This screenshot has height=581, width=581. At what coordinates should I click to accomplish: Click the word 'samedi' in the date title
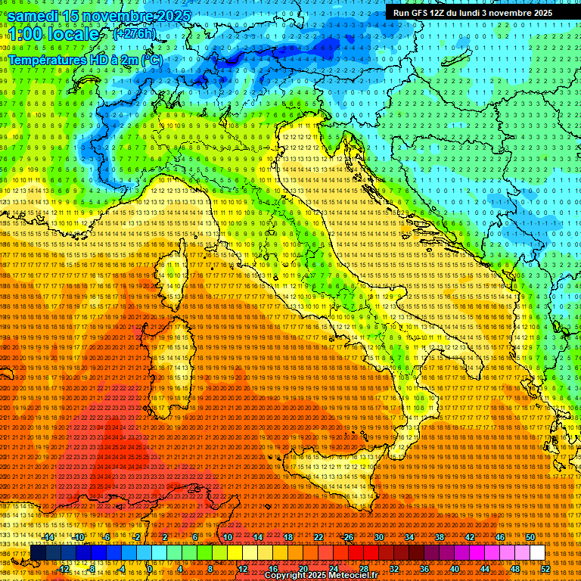click(34, 16)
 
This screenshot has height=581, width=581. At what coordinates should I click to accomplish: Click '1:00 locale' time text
click(53, 34)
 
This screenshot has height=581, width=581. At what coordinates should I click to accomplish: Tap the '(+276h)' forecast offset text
click(134, 34)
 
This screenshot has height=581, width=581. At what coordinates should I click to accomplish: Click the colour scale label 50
click(530, 537)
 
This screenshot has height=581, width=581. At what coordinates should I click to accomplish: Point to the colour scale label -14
click(49, 537)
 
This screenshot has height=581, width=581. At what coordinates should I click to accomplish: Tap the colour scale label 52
click(545, 568)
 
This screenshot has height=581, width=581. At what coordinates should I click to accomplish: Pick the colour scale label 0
click(150, 568)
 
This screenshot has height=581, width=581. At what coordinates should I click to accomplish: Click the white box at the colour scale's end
click(537, 553)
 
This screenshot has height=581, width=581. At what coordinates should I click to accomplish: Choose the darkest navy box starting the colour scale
click(38, 553)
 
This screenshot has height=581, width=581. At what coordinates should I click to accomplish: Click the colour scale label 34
click(409, 537)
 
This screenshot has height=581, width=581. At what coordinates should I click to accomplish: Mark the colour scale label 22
click(318, 537)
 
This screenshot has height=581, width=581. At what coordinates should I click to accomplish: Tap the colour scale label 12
click(243, 568)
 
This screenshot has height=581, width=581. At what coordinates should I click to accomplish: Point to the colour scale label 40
click(454, 568)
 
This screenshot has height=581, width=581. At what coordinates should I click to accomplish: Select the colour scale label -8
click(92, 568)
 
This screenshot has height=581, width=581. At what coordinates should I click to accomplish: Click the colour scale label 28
click(364, 568)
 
